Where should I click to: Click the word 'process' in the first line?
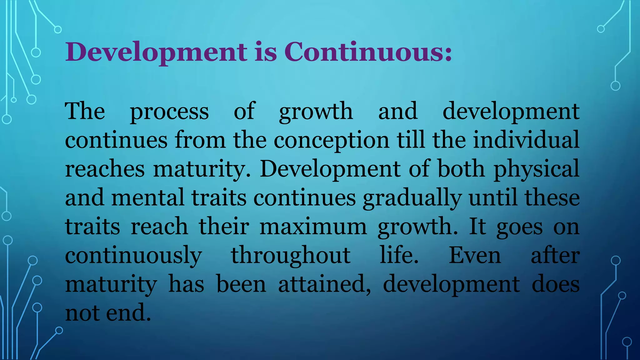tap(169, 112)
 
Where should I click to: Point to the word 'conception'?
tap(332, 140)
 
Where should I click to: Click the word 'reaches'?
tap(105, 169)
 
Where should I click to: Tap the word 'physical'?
tap(536, 169)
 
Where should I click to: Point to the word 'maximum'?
tap(313, 227)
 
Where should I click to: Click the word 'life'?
tap(399, 255)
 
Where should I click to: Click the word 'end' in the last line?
tap(128, 312)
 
